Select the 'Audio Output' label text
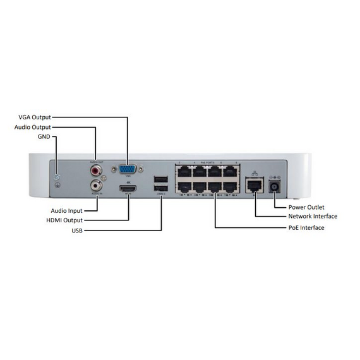tap(32, 127)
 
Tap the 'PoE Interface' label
tap(306, 227)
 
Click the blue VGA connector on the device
tap(127, 170)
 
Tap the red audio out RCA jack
tap(96, 170)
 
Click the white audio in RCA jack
tap(96, 186)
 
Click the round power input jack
tap(275, 186)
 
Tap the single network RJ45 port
tap(255, 185)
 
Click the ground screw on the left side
tap(57, 177)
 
